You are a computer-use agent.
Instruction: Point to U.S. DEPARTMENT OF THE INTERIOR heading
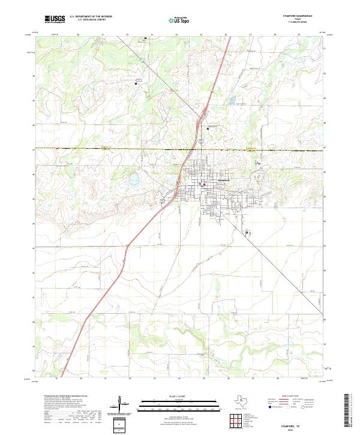91,17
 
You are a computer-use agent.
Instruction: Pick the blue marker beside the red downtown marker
200,184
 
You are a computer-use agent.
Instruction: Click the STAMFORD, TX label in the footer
289,424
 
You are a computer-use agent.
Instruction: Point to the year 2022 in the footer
289,428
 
